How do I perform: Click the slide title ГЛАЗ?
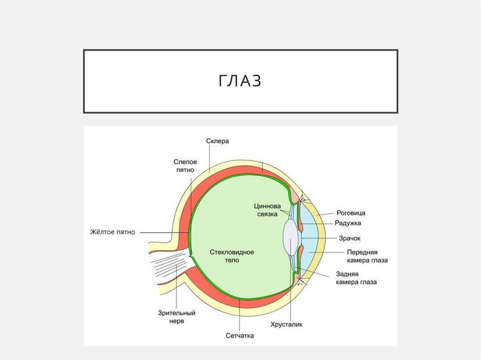pyautogui.click(x=240, y=81)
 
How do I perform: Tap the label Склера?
pyautogui.click(x=217, y=141)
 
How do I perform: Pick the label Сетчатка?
pyautogui.click(x=240, y=336)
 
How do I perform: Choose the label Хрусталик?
pyautogui.click(x=287, y=324)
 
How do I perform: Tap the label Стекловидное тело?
pyautogui.click(x=232, y=256)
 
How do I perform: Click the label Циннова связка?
pyautogui.click(x=267, y=210)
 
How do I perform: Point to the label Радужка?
pyautogui.click(x=348, y=223)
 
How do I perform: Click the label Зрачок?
pyautogui.click(x=349, y=238)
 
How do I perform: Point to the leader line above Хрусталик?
pyautogui.click(x=291, y=291)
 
